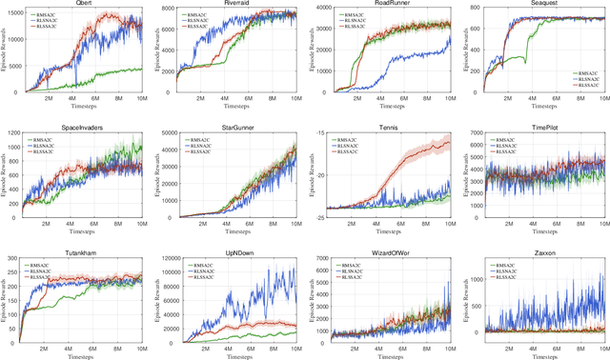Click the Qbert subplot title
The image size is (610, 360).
coord(83,4)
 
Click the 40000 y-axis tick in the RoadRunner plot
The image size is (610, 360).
coord(318,9)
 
